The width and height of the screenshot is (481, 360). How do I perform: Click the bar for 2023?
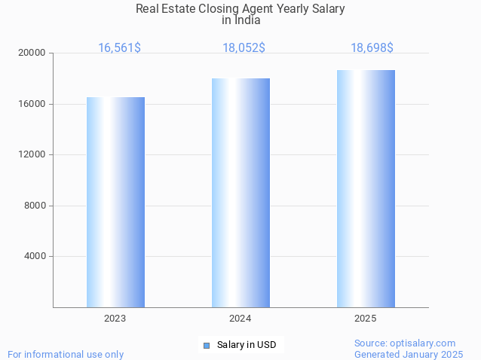[x=115, y=202]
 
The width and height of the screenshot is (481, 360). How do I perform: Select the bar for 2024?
[x=240, y=193]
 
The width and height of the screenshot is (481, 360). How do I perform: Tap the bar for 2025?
[x=366, y=188]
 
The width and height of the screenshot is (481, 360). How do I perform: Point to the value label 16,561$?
[x=119, y=48]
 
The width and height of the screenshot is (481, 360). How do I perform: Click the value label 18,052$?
[x=244, y=48]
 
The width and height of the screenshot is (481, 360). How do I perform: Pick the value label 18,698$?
[x=372, y=48]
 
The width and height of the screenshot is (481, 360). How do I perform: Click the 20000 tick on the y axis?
[x=32, y=53]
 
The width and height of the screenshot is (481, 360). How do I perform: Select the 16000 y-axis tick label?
[x=32, y=104]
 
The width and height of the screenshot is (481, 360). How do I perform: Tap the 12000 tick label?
[x=32, y=155]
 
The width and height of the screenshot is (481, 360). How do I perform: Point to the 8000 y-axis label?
[x=35, y=206]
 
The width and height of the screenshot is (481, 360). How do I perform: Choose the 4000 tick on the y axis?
[x=35, y=257]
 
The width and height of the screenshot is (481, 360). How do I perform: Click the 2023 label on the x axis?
[x=115, y=319]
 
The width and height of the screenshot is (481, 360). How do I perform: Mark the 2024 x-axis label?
[x=240, y=319]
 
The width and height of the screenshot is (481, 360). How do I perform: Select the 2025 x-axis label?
[x=366, y=319]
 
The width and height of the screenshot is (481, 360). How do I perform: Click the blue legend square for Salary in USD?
[x=206, y=346]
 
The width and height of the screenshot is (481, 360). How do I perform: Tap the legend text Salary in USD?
[x=247, y=346]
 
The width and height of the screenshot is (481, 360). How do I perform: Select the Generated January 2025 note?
[x=409, y=354]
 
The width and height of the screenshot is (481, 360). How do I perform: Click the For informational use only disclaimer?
[x=66, y=354]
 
